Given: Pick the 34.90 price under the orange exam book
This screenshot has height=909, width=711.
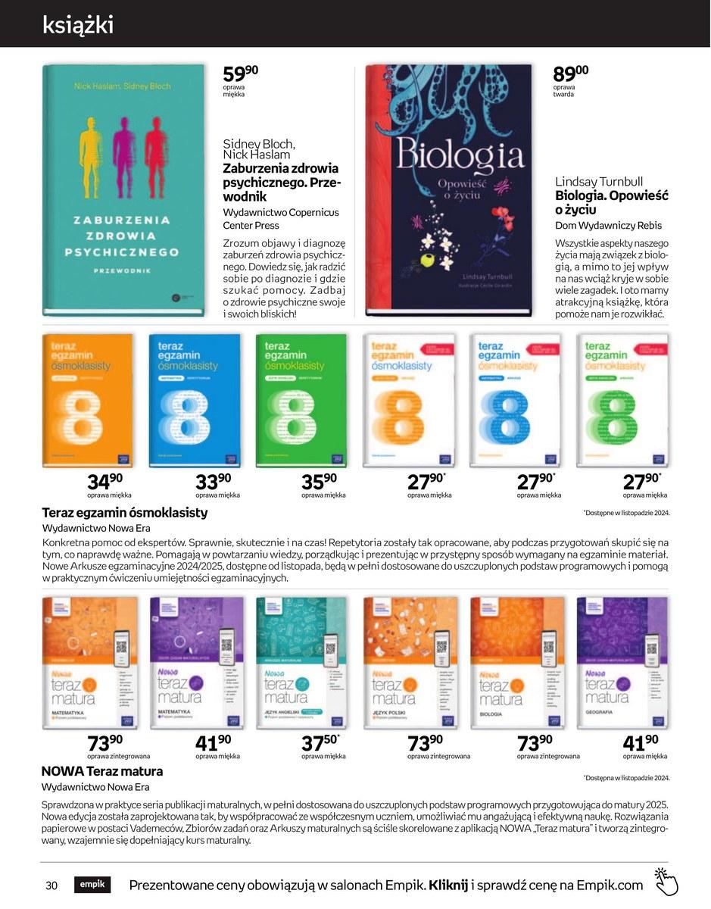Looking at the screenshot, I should (104, 481).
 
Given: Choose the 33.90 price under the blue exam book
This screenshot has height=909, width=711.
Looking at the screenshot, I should (213, 481).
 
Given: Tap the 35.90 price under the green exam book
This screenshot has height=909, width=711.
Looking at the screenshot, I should (319, 481).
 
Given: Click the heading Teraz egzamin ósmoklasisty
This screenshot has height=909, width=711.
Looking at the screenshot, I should (124, 512).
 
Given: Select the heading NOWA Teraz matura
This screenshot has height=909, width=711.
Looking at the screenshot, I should (102, 771).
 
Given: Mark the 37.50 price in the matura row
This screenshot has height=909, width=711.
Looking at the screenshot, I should (320, 742).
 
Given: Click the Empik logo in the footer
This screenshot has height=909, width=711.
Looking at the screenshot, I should (92, 884).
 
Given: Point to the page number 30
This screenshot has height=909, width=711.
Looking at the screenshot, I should (52, 886).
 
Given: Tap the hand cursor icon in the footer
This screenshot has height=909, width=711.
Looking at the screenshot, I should (666, 882).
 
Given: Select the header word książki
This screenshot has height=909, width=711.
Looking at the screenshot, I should (78, 24).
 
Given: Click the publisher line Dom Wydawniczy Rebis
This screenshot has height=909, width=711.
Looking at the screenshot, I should (608, 226).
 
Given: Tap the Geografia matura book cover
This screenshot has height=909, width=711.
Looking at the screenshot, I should (622, 664).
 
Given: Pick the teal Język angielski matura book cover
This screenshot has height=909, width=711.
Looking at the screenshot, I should (301, 664).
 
